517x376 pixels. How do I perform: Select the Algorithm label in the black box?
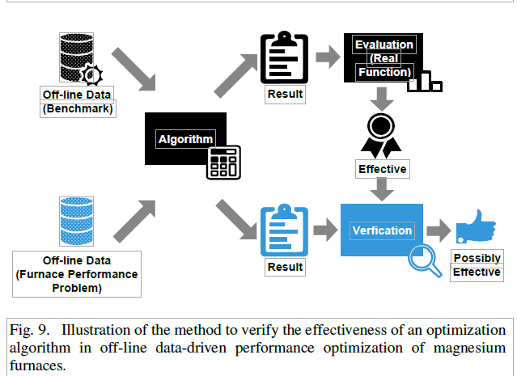click(x=185, y=138)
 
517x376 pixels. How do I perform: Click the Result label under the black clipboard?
click(x=285, y=94)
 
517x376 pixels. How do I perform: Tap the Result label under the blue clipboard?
click(x=285, y=267)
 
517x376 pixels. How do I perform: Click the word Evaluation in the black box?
click(x=384, y=44)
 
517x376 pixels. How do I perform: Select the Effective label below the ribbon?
click(x=383, y=169)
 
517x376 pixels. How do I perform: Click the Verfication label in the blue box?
click(x=382, y=230)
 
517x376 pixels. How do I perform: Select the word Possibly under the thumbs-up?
click(x=477, y=258)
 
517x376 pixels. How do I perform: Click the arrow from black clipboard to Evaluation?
click(x=328, y=57)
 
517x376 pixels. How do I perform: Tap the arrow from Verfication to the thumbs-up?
click(x=439, y=230)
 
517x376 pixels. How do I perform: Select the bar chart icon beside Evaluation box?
click(x=427, y=81)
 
